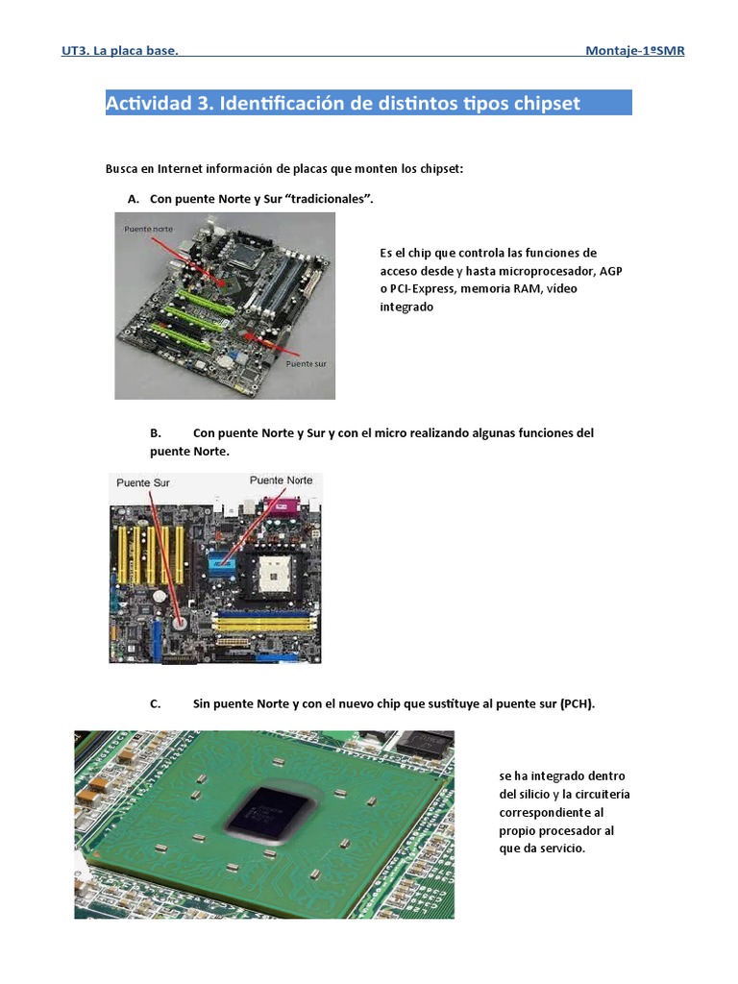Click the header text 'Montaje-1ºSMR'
tap(634, 51)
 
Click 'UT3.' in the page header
tap(75, 51)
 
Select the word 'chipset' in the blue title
tap(548, 104)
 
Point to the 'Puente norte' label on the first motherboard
tap(149, 230)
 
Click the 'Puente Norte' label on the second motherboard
tap(281, 480)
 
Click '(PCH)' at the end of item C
tap(577, 703)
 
